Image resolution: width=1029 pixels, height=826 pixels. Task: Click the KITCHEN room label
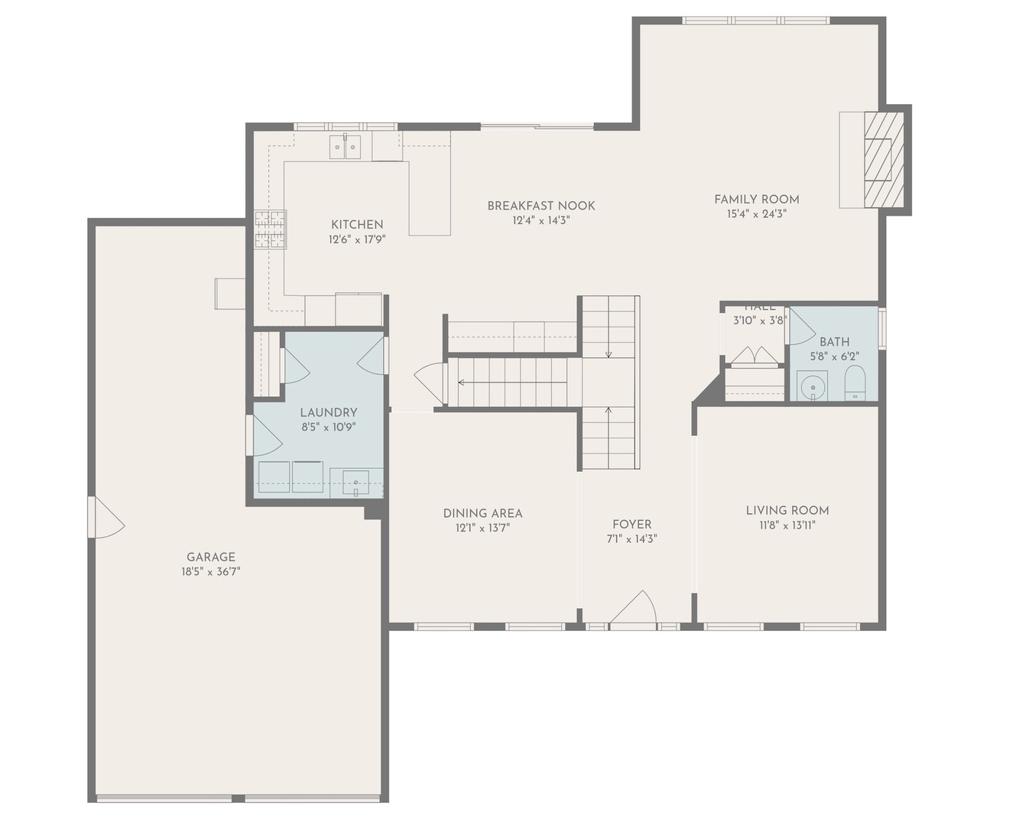pyautogui.click(x=357, y=225)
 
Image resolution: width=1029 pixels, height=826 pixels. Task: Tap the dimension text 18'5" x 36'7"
pyautogui.click(x=211, y=571)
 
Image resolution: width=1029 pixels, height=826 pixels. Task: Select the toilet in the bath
pyautogui.click(x=855, y=382)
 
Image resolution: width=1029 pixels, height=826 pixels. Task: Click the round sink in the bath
pyautogui.click(x=813, y=386)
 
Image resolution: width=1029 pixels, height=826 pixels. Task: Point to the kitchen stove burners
pyautogui.click(x=270, y=229)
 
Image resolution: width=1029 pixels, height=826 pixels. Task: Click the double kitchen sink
pyautogui.click(x=345, y=147)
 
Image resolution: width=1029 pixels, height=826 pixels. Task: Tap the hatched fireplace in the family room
pyautogui.click(x=884, y=159)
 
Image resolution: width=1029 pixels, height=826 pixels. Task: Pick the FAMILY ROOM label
pyautogui.click(x=757, y=200)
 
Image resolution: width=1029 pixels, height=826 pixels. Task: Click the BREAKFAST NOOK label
pyautogui.click(x=541, y=206)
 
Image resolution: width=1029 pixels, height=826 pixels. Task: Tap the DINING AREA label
pyautogui.click(x=483, y=513)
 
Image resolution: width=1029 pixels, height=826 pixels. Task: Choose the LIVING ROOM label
pyautogui.click(x=787, y=510)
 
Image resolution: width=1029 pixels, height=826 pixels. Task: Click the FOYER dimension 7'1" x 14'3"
pyautogui.click(x=631, y=538)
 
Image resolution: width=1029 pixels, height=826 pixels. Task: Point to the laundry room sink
pyautogui.click(x=355, y=483)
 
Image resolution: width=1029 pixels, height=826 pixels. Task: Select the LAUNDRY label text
pyautogui.click(x=329, y=412)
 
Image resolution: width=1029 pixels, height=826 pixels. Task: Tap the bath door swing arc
pyautogui.click(x=801, y=329)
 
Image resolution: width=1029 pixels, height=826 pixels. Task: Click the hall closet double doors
pyautogui.click(x=754, y=356)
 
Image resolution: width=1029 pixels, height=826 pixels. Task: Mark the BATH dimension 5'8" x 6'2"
pyautogui.click(x=834, y=356)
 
